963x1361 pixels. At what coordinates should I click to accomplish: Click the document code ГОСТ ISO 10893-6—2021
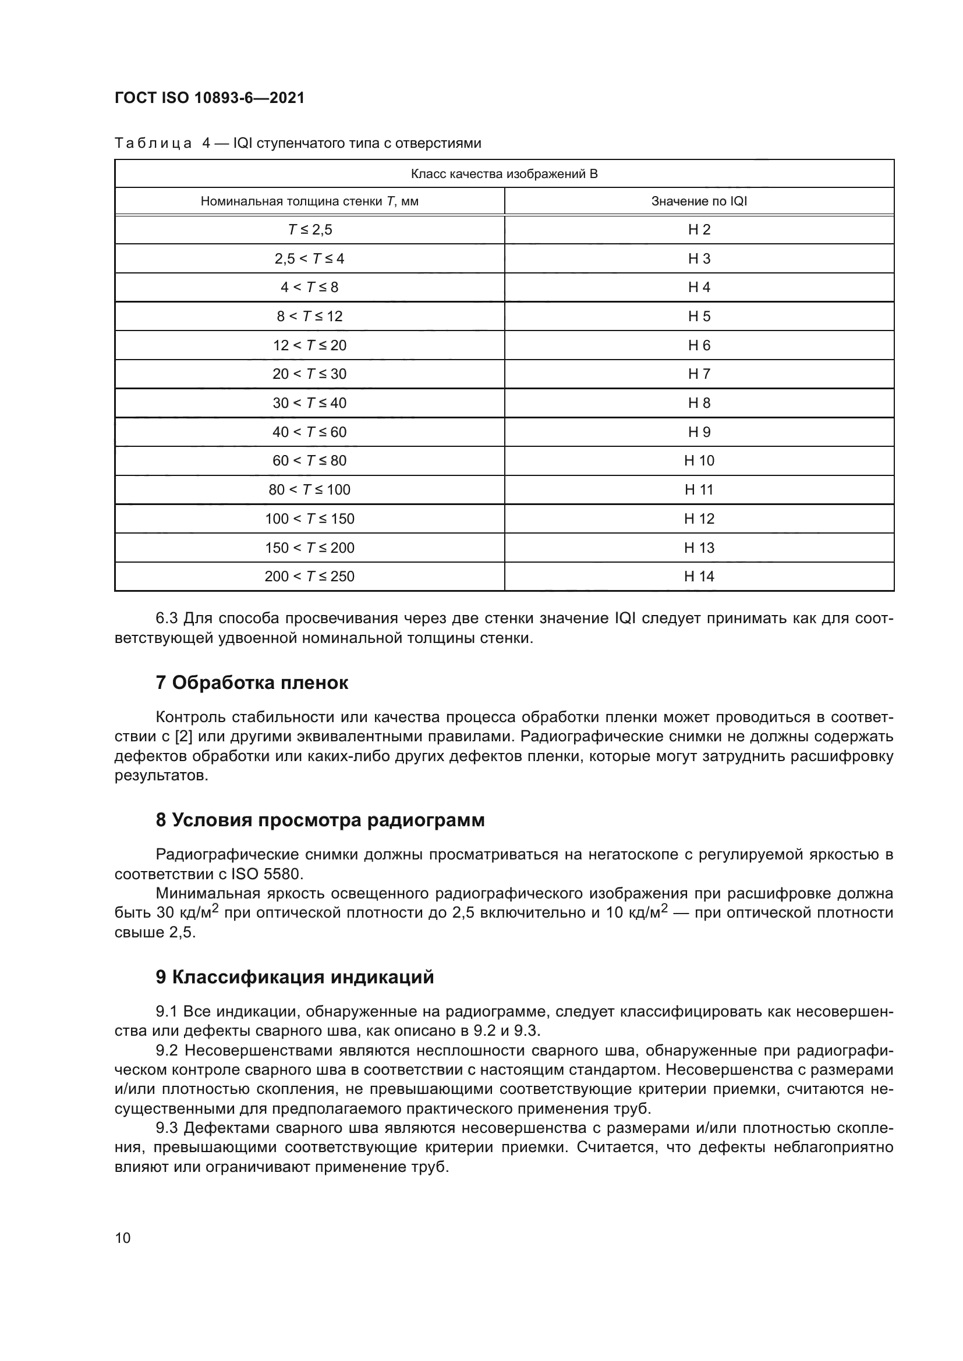pos(210,98)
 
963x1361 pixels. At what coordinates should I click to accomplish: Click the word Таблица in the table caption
pos(153,144)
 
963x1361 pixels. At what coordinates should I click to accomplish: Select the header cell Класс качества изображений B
pos(504,173)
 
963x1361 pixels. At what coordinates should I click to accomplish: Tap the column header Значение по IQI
pos(699,201)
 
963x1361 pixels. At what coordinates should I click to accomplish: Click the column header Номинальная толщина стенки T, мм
pos(310,201)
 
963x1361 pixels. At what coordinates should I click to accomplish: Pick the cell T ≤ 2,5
pos(310,229)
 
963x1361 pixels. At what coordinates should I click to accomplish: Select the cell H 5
pos(699,316)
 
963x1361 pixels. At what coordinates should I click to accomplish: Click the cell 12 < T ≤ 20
pos(310,345)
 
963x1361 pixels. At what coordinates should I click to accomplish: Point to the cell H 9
pos(699,432)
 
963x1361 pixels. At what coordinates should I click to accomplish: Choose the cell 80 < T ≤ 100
pos(310,489)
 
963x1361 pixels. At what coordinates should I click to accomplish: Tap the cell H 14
pos(699,576)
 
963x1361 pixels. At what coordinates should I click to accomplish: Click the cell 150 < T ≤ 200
pos(310,547)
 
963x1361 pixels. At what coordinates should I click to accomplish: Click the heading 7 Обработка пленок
pos(252,683)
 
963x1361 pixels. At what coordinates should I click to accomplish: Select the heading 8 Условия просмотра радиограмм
pos(320,820)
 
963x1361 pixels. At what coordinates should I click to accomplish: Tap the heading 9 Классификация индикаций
pos(295,977)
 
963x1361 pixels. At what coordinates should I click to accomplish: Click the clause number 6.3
pos(167,619)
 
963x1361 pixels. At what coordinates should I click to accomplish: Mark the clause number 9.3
pos(167,1128)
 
